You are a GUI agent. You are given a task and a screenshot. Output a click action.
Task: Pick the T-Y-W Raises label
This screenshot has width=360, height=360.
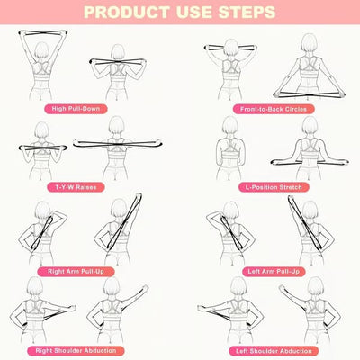[76, 187]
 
